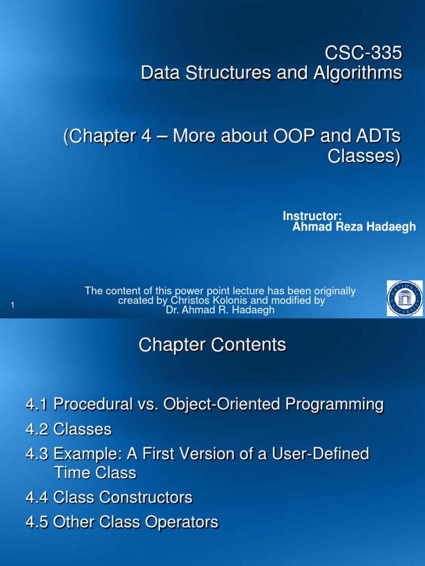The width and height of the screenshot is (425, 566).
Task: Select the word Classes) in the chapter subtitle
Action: [x=364, y=156]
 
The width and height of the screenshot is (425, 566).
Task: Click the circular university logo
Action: [x=405, y=298]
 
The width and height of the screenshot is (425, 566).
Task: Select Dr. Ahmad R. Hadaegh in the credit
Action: [x=220, y=311]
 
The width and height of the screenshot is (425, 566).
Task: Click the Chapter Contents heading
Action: [x=212, y=345]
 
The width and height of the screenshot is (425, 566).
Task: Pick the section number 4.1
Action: [x=37, y=405]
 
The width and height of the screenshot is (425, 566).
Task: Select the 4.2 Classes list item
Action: [x=68, y=429]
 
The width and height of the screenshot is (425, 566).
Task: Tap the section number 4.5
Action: [x=37, y=522]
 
